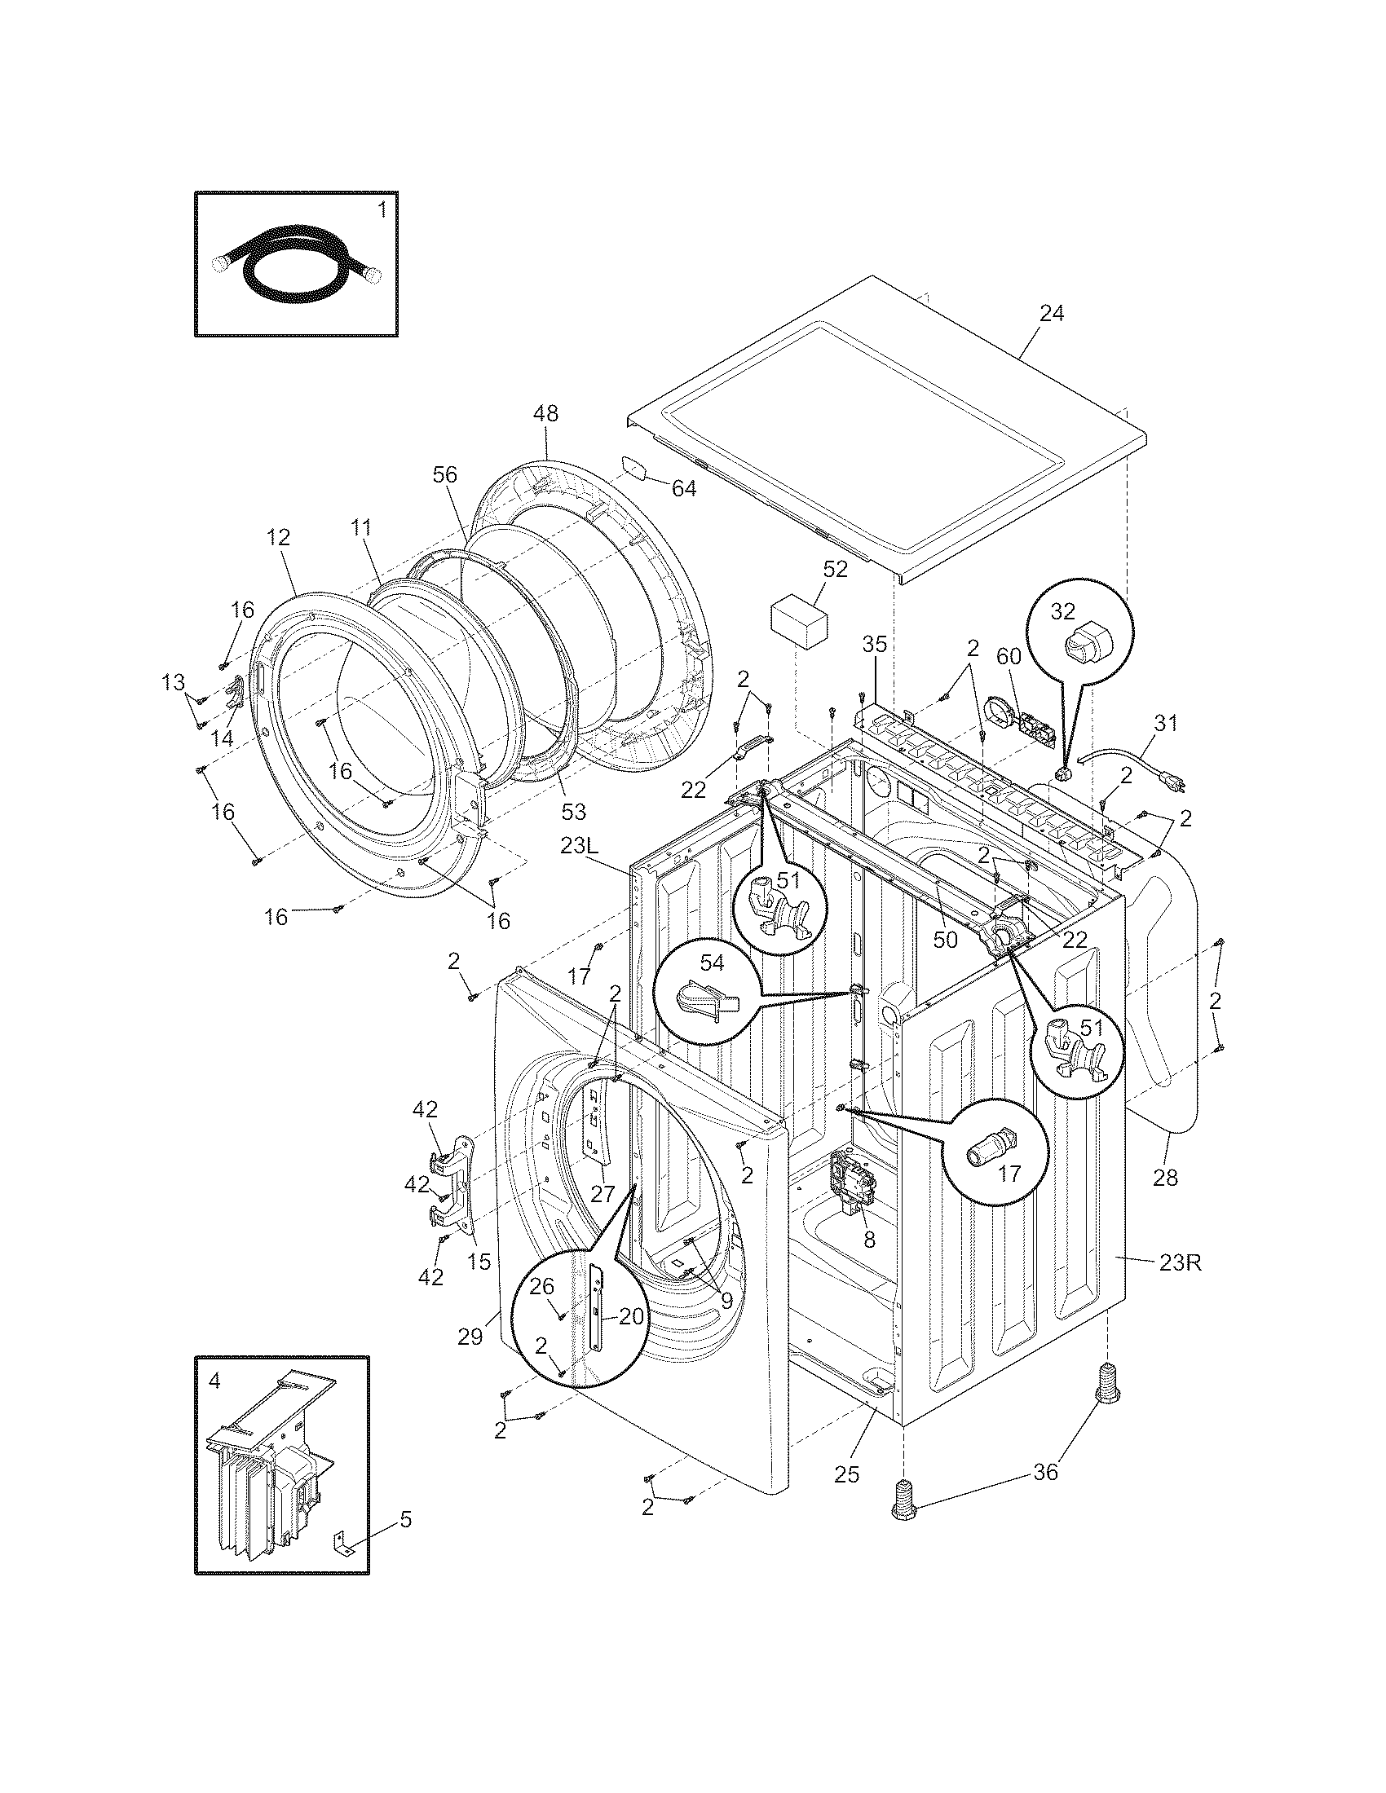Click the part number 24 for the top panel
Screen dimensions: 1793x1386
pyautogui.click(x=1051, y=314)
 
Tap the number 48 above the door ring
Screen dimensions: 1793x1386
pyautogui.click(x=545, y=414)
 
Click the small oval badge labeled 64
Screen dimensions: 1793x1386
pyautogui.click(x=634, y=467)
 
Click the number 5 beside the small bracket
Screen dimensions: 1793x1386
pyautogui.click(x=406, y=1520)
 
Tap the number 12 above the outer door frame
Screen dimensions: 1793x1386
pyautogui.click(x=278, y=538)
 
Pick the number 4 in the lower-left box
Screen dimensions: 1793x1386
pyautogui.click(x=214, y=1381)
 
